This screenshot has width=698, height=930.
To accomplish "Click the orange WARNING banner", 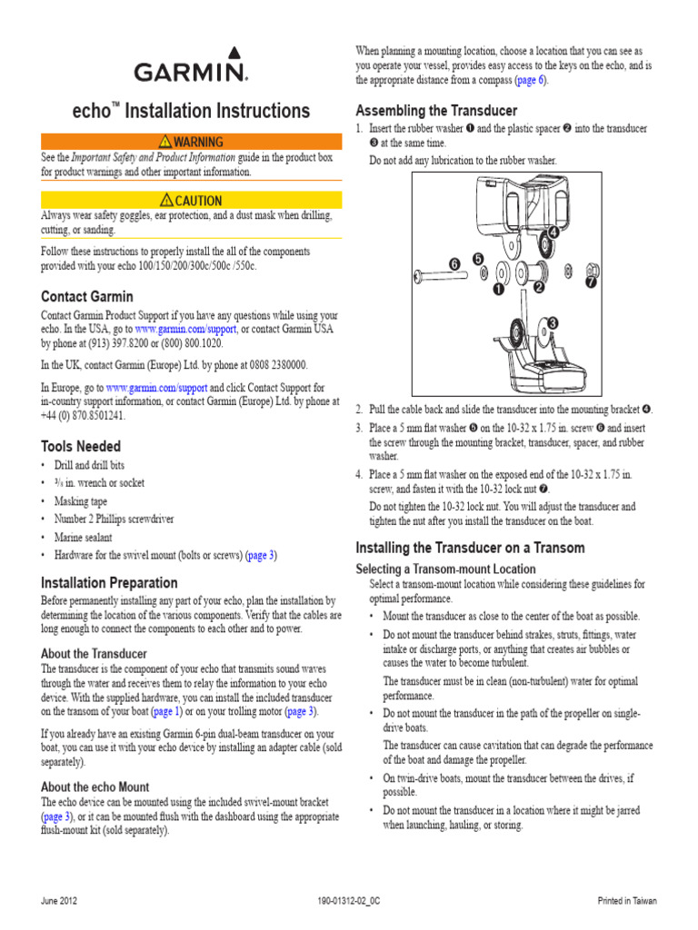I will (191, 142).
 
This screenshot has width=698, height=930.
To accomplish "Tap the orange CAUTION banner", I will (191, 200).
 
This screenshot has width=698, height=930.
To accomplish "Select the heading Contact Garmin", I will (87, 296).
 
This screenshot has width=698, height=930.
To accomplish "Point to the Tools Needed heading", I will (81, 446).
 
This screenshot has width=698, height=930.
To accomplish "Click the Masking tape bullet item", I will (81, 501).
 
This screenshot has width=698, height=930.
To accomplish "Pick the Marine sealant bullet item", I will (84, 537).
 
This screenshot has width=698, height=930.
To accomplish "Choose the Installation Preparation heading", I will (110, 582).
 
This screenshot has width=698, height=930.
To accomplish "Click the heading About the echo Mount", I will (95, 787).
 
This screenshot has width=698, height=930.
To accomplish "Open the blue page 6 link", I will (530, 81).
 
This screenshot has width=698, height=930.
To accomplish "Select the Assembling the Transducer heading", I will (436, 111).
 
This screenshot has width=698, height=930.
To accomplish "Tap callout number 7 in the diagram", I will (592, 282).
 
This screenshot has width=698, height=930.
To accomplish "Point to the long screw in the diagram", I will (445, 272).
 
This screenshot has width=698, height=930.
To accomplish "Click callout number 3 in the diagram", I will (552, 323).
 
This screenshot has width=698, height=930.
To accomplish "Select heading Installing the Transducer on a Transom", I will (470, 548).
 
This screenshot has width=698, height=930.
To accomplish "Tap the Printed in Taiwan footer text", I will (626, 901).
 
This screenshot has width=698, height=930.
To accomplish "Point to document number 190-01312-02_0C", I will (349, 901).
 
